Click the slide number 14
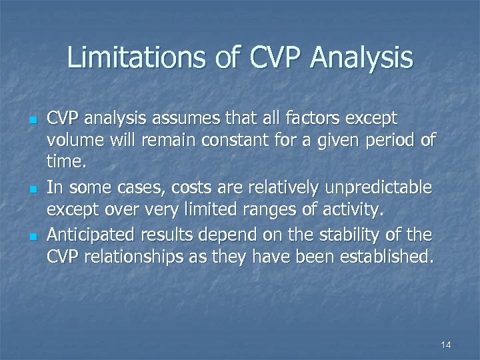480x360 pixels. pos(446,345)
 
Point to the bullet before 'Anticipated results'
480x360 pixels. pos(31,235)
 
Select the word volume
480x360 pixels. pos(73,141)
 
